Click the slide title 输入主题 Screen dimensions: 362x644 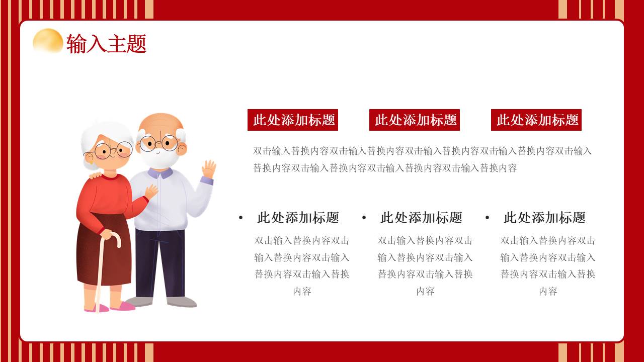106,44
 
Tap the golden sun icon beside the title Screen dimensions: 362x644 48,41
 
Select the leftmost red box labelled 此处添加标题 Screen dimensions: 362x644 293,120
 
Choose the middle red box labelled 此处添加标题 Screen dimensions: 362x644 415,120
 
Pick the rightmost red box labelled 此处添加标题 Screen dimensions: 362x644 536,120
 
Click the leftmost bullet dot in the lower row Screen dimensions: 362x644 240,218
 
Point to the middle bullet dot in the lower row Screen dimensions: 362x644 364,218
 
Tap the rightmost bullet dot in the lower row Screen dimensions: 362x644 487,218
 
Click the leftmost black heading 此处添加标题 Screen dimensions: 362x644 298,218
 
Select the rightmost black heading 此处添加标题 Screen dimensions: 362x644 544,218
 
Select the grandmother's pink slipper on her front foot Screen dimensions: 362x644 123,306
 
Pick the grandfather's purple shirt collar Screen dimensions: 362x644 160,173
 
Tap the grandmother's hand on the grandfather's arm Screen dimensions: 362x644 150,192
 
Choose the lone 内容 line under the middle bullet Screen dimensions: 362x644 425,291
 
